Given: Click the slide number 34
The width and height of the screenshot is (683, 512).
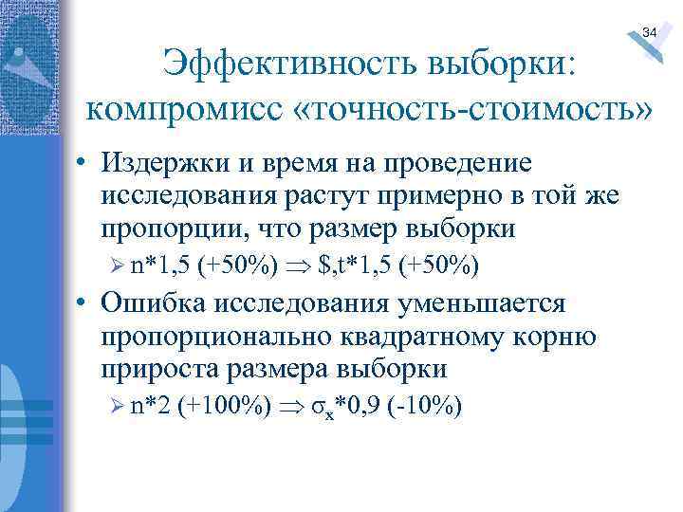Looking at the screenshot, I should [649, 33].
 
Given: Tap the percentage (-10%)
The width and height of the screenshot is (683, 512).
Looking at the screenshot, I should [425, 408].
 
